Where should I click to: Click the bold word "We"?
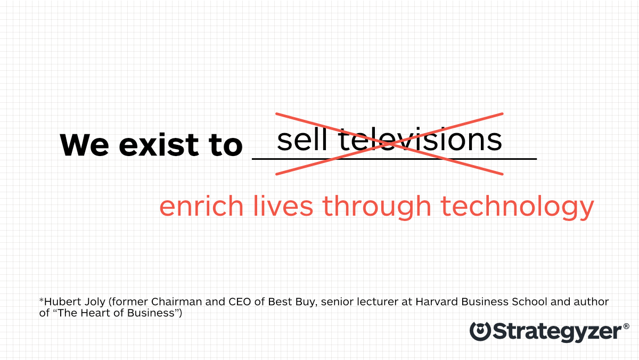click(85, 145)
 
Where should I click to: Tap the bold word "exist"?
click(159, 144)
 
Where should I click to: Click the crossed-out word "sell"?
click(302, 139)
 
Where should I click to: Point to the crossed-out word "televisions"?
click(420, 139)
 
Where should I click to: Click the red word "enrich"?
click(201, 206)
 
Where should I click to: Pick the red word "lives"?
click(283, 206)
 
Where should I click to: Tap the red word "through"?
click(376, 207)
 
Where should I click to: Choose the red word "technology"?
click(518, 207)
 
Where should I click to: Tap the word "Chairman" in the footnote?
click(177, 301)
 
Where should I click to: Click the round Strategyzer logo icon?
click(480, 331)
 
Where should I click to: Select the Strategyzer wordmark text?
click(557, 332)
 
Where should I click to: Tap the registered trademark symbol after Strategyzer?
click(626, 326)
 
